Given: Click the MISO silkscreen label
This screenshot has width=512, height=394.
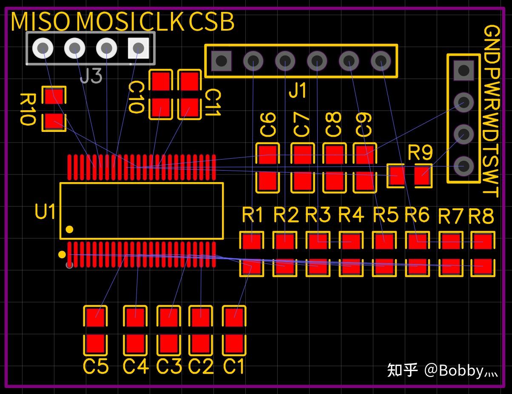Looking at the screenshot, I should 40,22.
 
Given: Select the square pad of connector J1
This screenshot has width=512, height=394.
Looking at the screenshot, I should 221,61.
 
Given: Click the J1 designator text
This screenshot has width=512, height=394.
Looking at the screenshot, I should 297,90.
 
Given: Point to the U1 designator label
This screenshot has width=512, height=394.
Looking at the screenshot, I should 45,211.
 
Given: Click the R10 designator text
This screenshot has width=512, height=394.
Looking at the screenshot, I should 27,109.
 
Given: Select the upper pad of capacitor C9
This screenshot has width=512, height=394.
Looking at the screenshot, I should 364,154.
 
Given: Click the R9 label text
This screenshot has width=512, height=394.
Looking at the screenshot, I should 420,152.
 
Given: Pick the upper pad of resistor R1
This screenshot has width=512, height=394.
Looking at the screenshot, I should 252,242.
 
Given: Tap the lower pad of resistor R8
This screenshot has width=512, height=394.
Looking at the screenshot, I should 483,267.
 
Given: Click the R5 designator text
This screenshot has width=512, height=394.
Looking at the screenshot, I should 386,215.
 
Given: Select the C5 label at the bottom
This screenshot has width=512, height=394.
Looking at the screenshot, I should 96,367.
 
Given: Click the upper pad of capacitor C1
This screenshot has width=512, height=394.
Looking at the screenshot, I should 234,317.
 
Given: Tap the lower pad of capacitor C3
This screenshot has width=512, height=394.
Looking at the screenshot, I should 169,344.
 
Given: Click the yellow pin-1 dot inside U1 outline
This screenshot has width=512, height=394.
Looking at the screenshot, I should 70,229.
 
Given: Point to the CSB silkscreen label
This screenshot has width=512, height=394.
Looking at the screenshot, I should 211,22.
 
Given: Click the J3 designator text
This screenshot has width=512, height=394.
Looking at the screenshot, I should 91,76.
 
